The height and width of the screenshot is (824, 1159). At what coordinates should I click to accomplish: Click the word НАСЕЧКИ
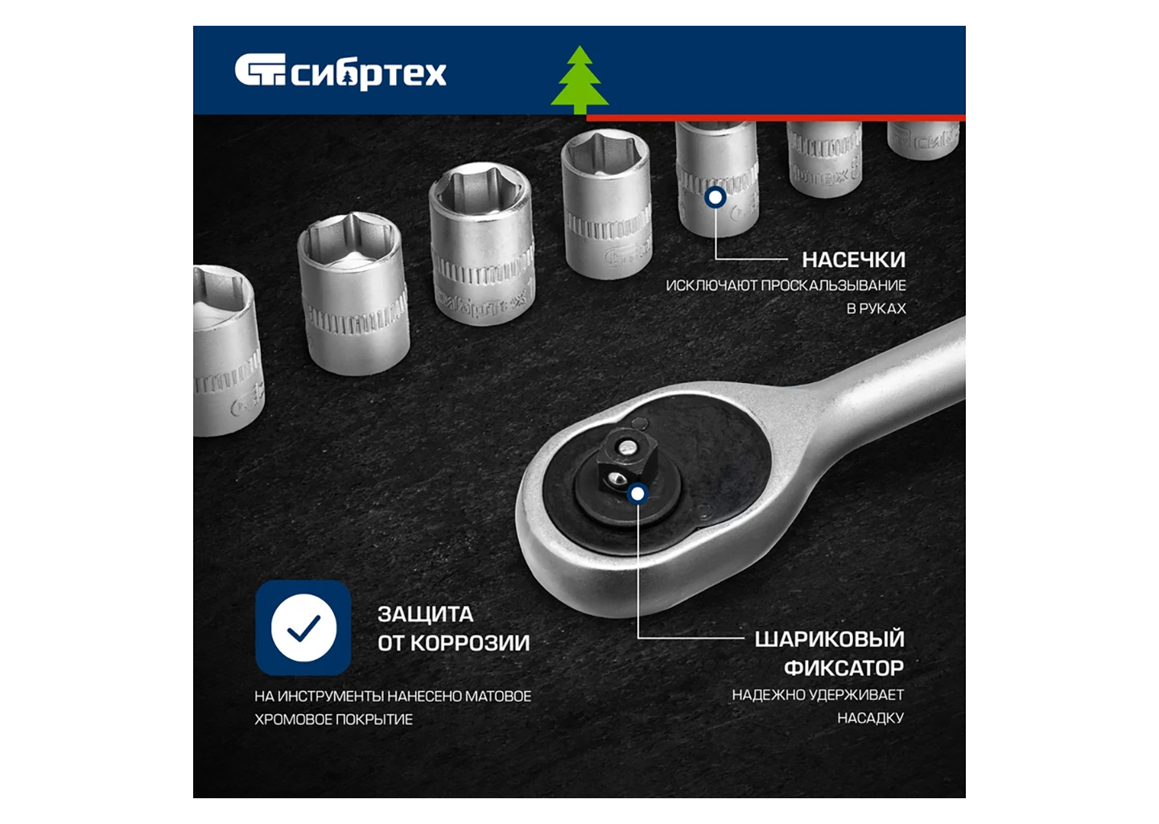pos(854,260)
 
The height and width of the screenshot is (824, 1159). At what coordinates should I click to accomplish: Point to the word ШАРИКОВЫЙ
pos(829,640)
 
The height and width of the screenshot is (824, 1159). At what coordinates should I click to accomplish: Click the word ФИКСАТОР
pos(843,669)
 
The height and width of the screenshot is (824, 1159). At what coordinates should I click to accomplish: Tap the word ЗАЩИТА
pos(425,615)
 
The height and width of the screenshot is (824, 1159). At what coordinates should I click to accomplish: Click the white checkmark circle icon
pos(303,628)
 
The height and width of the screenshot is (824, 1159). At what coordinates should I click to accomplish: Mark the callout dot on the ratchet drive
pos(638,494)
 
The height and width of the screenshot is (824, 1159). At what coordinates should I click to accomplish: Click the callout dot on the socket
pos(716,197)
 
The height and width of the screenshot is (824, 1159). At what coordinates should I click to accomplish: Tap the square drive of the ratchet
pos(622,460)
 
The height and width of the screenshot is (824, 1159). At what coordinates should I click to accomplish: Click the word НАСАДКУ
pos(871,718)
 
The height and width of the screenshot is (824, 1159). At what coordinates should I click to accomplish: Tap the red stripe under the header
pos(776,118)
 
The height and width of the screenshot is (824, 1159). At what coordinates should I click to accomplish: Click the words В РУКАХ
pos(876,309)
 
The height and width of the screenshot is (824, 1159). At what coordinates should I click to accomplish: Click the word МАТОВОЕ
pos(497,696)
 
